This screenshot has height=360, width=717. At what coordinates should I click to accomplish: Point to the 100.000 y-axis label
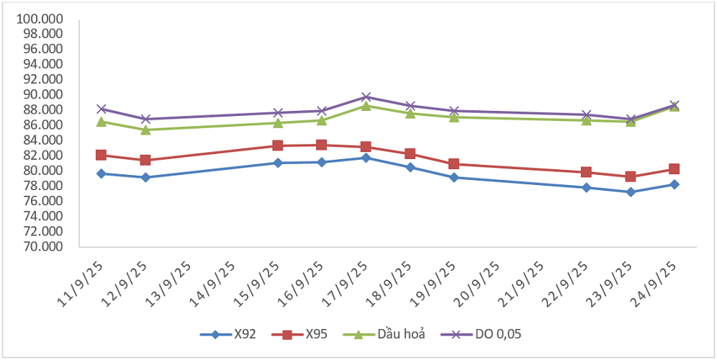point(41,18)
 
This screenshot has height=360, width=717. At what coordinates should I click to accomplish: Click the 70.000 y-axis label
point(41,246)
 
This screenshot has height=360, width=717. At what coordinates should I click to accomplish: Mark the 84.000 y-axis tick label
point(41,140)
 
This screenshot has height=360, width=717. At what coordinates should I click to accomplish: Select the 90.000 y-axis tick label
point(41,94)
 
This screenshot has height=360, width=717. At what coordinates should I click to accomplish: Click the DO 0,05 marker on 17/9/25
point(366,97)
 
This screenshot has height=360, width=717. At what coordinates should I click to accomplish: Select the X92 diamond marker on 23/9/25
point(631,192)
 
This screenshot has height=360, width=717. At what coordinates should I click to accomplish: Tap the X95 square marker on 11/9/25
point(102,156)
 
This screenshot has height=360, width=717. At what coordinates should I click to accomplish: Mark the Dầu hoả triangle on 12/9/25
point(145,130)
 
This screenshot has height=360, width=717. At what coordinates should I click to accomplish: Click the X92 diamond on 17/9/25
point(366,158)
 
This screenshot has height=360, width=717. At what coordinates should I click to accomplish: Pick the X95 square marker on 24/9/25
point(675,169)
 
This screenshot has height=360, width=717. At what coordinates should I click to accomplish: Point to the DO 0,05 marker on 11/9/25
point(102,109)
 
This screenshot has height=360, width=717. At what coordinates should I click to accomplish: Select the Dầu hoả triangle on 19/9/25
point(454,117)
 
